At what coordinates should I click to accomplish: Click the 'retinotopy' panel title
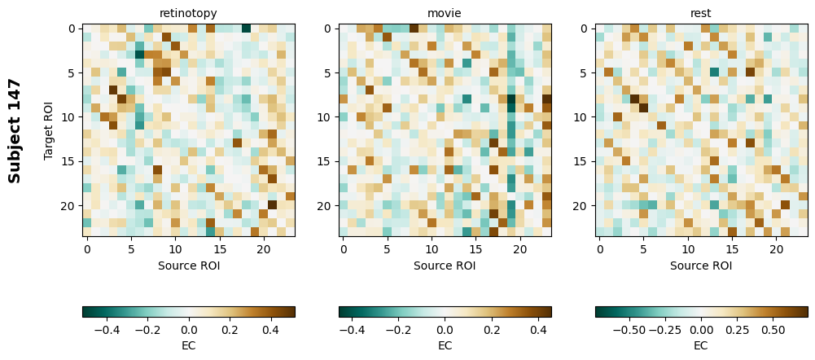point(188,13)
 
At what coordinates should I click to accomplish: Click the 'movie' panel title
point(445,13)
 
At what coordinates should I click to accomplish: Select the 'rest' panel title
point(701,13)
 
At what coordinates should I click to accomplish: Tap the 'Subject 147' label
point(15,130)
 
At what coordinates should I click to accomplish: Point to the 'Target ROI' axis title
point(49,130)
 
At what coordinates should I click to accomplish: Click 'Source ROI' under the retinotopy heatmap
point(188,265)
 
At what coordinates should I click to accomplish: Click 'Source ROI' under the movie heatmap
point(445,265)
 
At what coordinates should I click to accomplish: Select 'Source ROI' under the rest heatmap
point(701,265)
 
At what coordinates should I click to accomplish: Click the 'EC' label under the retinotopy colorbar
point(188,345)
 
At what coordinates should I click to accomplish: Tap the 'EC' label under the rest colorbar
point(701,345)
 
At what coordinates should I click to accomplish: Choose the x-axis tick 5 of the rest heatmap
point(644,248)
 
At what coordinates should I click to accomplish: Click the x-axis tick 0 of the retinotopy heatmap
point(87,248)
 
